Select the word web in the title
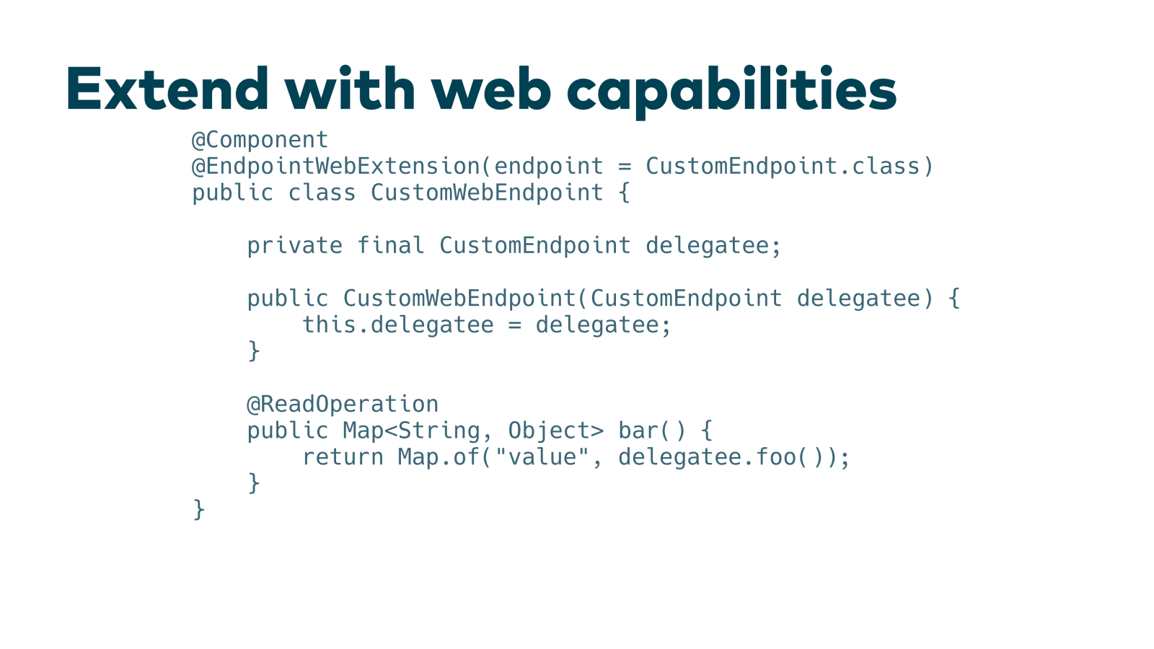click(x=491, y=89)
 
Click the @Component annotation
click(x=260, y=140)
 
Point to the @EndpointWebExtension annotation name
click(x=335, y=167)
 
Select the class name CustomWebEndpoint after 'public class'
click(x=487, y=193)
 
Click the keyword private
click(x=294, y=246)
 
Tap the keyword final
click(x=391, y=246)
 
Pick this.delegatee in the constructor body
click(x=397, y=325)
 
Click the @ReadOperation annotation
click(x=343, y=405)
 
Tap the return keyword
click(x=343, y=457)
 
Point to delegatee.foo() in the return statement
click(x=721, y=457)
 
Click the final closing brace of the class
click(x=199, y=510)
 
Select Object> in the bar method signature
click(x=555, y=431)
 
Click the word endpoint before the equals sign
click(x=549, y=167)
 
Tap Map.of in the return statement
click(x=439, y=457)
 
